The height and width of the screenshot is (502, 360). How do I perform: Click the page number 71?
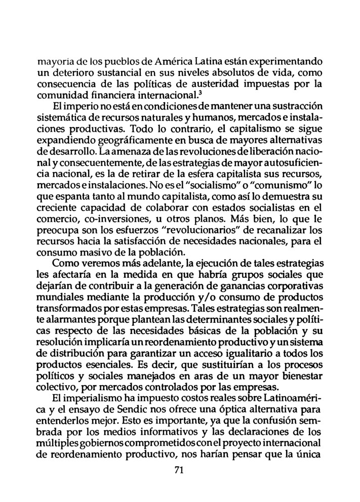[x=178, y=470]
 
